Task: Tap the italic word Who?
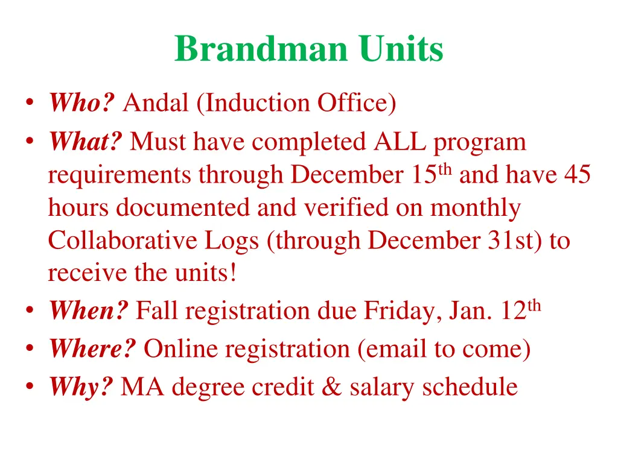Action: click(81, 103)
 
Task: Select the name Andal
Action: click(156, 103)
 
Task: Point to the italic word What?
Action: click(86, 142)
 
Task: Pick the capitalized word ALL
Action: click(400, 142)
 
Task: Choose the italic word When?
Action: click(89, 311)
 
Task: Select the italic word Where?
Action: click(92, 349)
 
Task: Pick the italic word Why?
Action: click(81, 387)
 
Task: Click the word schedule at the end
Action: click(470, 387)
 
